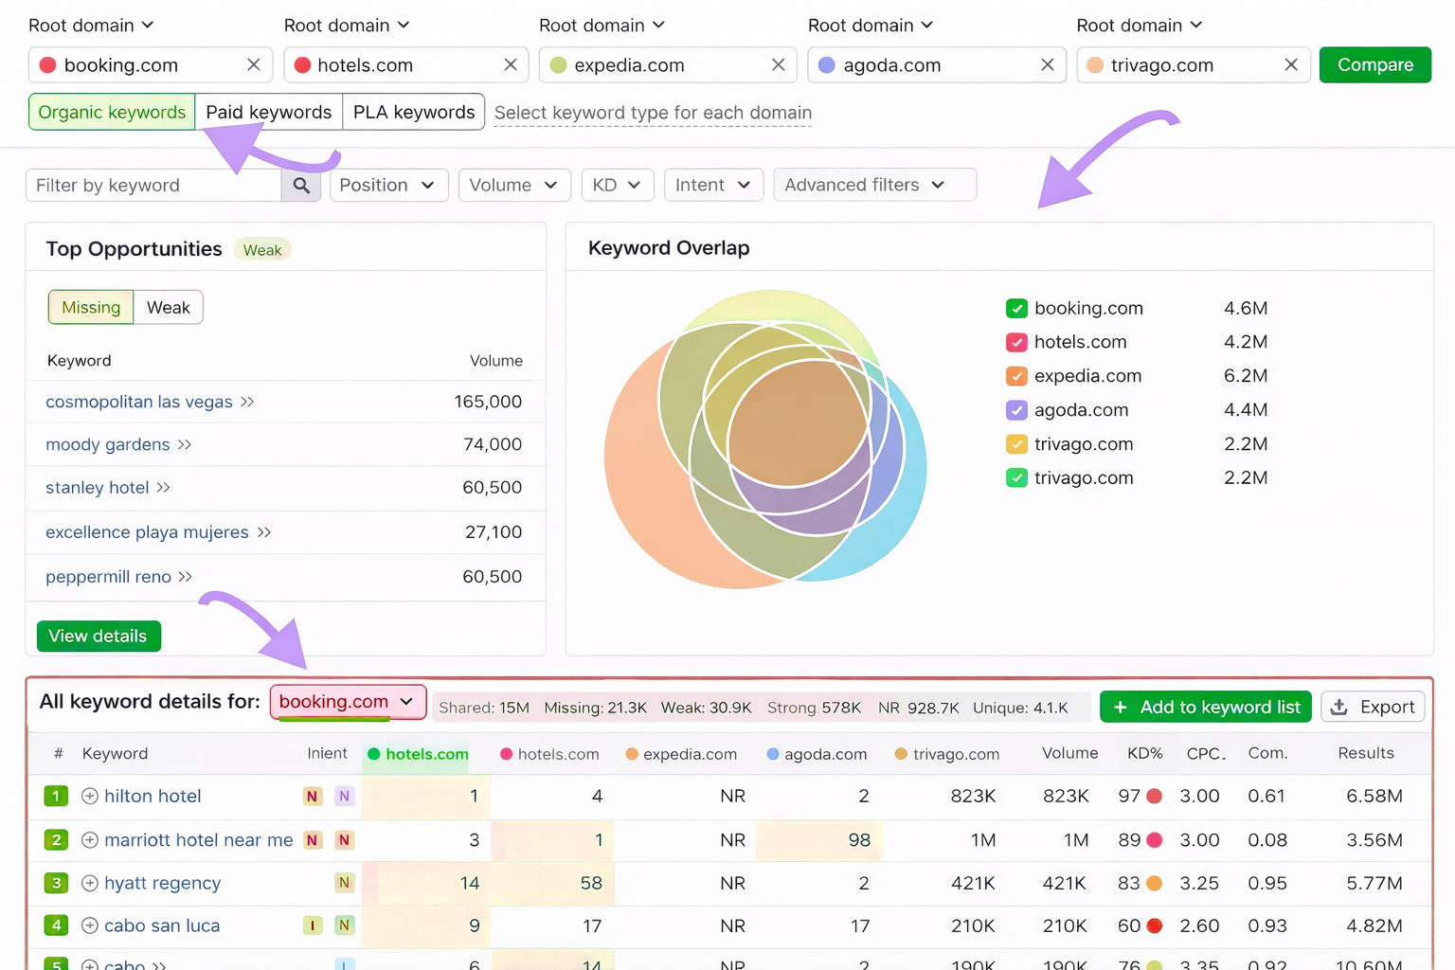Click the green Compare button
pos(1374,65)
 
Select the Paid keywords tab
pos(268,112)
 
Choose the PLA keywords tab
pos(414,112)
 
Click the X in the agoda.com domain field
pos(1047,64)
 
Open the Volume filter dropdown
pos(513,185)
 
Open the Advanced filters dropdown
pos(873,185)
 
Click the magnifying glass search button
pos(301,186)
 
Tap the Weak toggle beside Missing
pos(168,308)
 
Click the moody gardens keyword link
pos(108,445)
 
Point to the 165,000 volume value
pos(488,402)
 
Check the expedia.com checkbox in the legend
pos(1016,376)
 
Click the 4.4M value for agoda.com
pos(1245,410)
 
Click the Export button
pos(1373,707)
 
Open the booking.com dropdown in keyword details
pos(348,702)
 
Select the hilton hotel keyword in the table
pos(153,797)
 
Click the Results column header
pos(1365,753)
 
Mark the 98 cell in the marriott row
pos(858,840)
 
